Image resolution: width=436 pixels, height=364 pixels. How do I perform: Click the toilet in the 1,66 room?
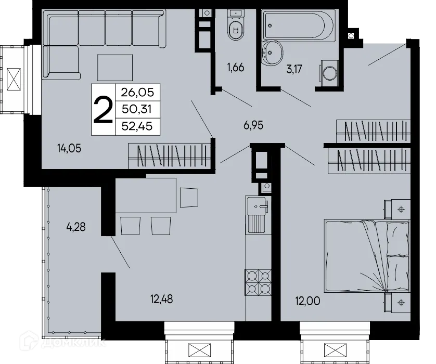(236, 27)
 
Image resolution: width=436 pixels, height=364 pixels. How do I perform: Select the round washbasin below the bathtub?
(271, 51)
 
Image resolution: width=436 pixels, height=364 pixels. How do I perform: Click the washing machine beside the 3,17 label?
(329, 74)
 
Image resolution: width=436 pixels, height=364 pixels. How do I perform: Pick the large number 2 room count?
(103, 110)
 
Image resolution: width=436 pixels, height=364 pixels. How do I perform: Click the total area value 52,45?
(138, 125)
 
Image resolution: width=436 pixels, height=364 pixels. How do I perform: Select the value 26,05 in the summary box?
(138, 94)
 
